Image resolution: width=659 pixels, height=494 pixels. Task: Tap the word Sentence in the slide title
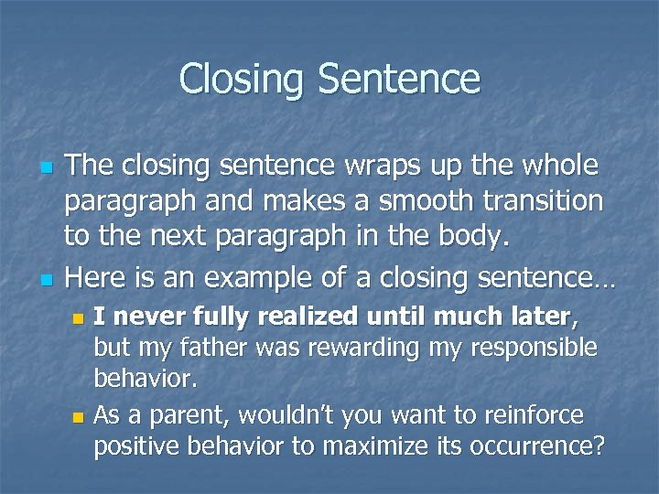398,79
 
